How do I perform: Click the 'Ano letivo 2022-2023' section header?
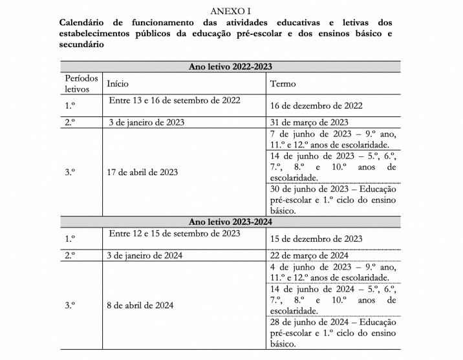(231, 67)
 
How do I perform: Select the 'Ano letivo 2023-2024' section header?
(231, 222)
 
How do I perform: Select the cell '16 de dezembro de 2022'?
(316, 105)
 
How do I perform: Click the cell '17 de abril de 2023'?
(142, 172)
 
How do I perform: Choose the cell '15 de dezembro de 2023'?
(316, 239)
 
